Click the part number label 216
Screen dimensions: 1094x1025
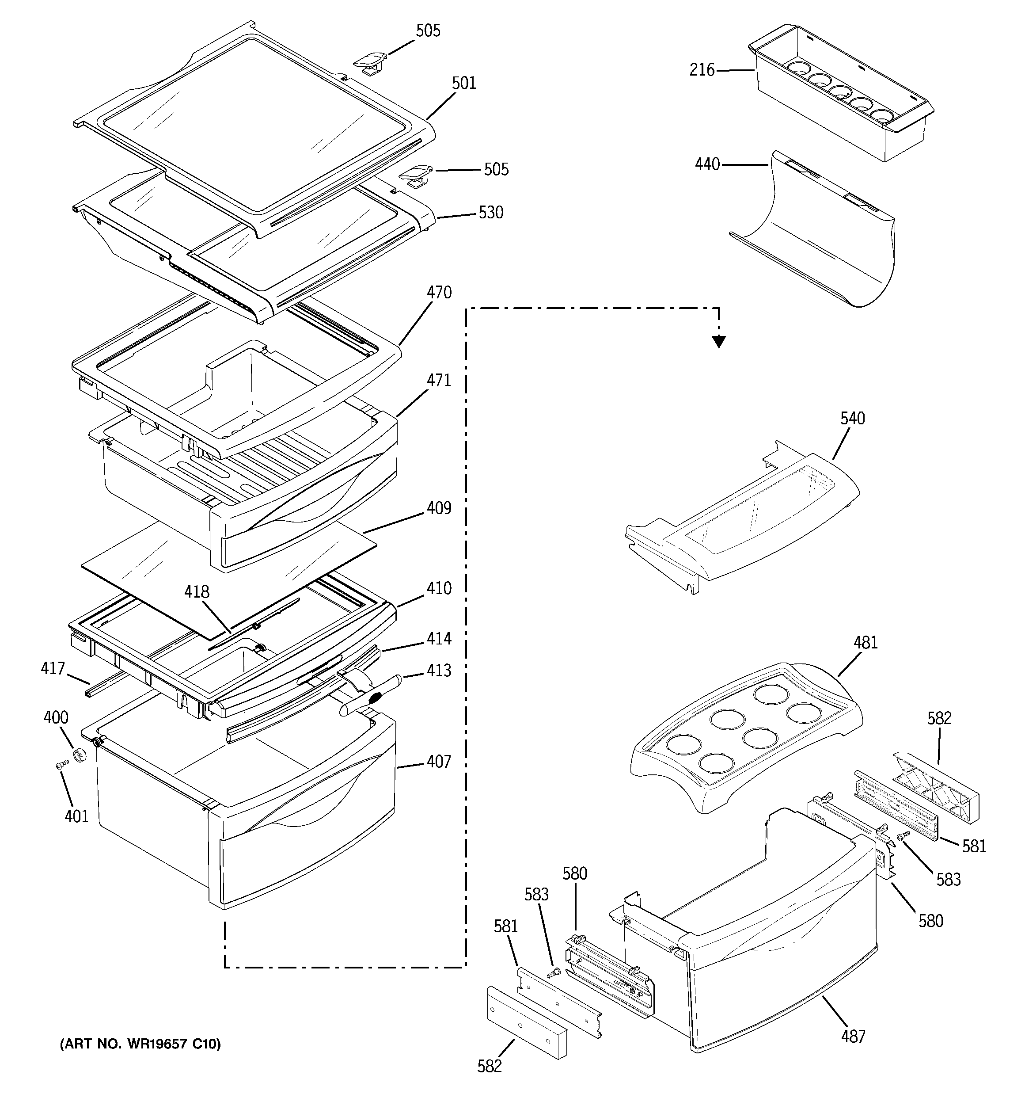point(702,70)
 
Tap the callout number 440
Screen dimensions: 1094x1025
point(707,164)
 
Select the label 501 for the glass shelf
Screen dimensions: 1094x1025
point(464,83)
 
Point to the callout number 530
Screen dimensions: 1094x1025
point(491,213)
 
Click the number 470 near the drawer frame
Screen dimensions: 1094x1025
point(439,292)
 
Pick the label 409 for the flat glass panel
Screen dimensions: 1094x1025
point(439,508)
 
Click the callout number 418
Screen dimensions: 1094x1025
point(197,592)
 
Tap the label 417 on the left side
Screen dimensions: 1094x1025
point(53,669)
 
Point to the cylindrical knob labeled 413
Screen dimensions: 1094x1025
point(371,697)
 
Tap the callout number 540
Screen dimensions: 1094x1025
point(852,418)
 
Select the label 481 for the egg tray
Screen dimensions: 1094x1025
point(866,642)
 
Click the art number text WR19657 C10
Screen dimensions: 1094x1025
point(140,1044)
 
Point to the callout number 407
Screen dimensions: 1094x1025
point(439,762)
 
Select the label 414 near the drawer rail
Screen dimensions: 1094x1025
point(439,638)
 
